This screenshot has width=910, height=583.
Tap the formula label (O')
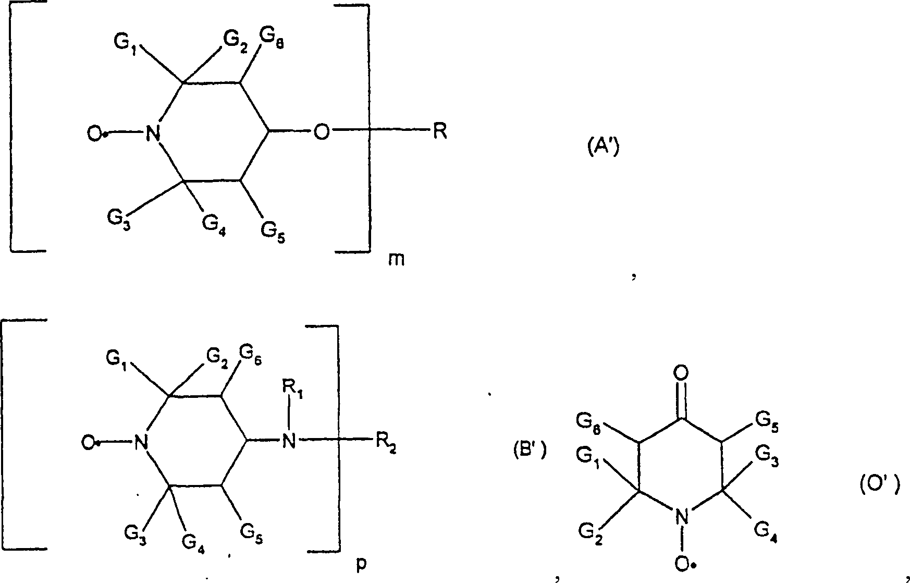[879, 486]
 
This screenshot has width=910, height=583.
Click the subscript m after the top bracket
[396, 259]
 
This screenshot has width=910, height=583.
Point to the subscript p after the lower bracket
[361, 565]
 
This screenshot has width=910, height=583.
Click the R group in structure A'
[439, 132]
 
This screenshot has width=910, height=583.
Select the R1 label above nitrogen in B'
[292, 388]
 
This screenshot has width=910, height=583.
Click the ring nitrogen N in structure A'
[153, 133]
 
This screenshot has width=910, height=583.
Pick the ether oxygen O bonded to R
[322, 132]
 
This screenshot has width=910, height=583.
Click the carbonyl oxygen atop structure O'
[681, 373]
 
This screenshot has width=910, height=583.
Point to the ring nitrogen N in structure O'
[681, 517]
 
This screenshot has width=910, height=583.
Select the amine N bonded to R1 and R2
[288, 442]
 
